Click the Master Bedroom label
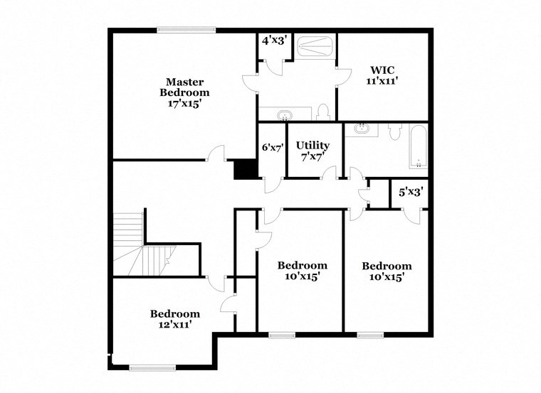click(x=184, y=92)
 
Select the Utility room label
click(x=312, y=151)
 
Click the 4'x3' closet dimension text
click(x=273, y=41)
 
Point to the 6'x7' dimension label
click(x=273, y=148)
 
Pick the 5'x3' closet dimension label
click(x=411, y=191)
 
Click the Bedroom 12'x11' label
click(x=174, y=318)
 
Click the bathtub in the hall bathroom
click(x=418, y=146)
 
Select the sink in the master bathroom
click(x=285, y=114)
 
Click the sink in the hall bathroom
click(x=362, y=129)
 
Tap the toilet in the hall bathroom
click(x=395, y=132)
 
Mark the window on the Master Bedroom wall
click(x=187, y=30)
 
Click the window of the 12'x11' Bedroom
click(x=152, y=367)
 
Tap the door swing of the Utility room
click(x=330, y=173)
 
